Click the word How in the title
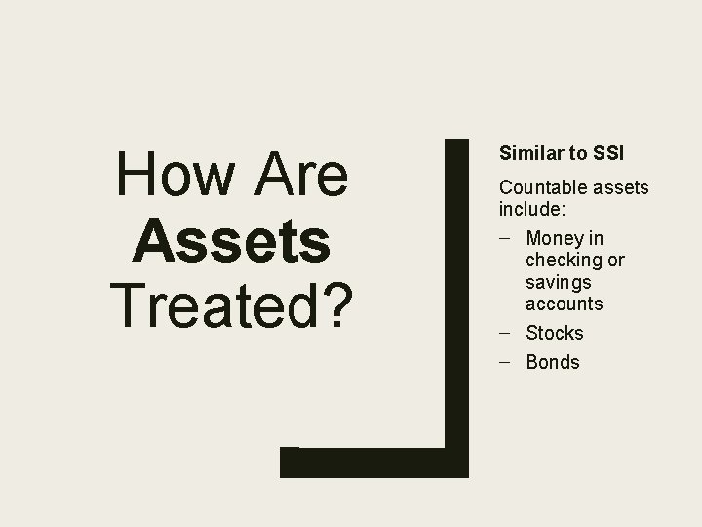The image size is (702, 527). (x=167, y=176)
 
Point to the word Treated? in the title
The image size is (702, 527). (x=232, y=304)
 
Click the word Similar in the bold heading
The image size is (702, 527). (x=528, y=153)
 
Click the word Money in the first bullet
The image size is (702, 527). (x=551, y=238)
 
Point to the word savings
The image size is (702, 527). (x=557, y=282)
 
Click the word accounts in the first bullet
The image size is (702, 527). (x=564, y=304)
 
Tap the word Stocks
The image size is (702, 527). (x=554, y=333)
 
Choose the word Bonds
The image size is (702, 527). (x=552, y=362)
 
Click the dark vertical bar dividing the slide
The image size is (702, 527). (x=456, y=293)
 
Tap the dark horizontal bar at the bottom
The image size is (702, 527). (x=370, y=463)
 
